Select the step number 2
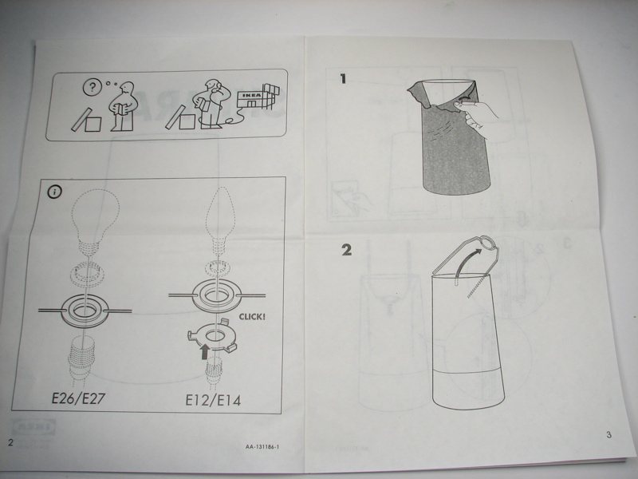[x=345, y=250]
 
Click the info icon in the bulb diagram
[x=55, y=192]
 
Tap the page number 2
[x=10, y=441]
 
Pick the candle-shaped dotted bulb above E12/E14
[x=218, y=223]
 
